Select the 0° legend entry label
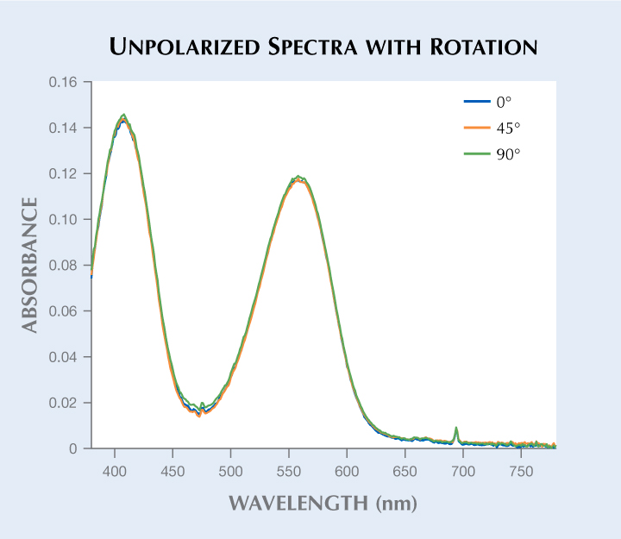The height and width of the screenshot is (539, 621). [505, 102]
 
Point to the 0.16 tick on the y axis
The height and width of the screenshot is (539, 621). [66, 83]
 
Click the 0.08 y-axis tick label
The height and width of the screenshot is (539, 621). [66, 266]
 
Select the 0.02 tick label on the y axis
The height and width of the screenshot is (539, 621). [66, 403]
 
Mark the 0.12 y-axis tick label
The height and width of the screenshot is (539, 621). [66, 174]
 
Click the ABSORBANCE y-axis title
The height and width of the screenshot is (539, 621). [30, 265]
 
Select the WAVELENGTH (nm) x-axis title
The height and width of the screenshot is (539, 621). [322, 502]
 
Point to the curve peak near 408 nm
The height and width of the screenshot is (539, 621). [124, 116]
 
